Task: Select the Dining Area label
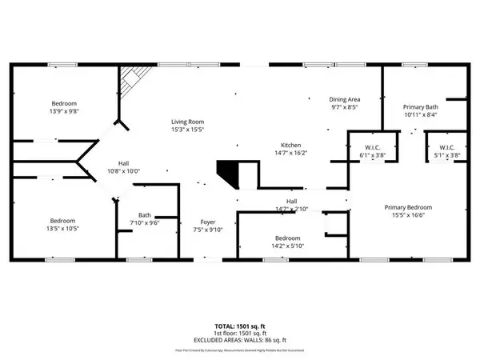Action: tap(346, 97)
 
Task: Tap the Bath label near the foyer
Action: tap(145, 214)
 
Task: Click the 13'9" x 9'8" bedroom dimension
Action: tap(64, 113)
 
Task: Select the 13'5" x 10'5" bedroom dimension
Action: tap(64, 229)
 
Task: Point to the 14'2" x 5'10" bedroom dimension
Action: tap(288, 246)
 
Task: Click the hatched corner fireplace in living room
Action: tap(131, 79)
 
